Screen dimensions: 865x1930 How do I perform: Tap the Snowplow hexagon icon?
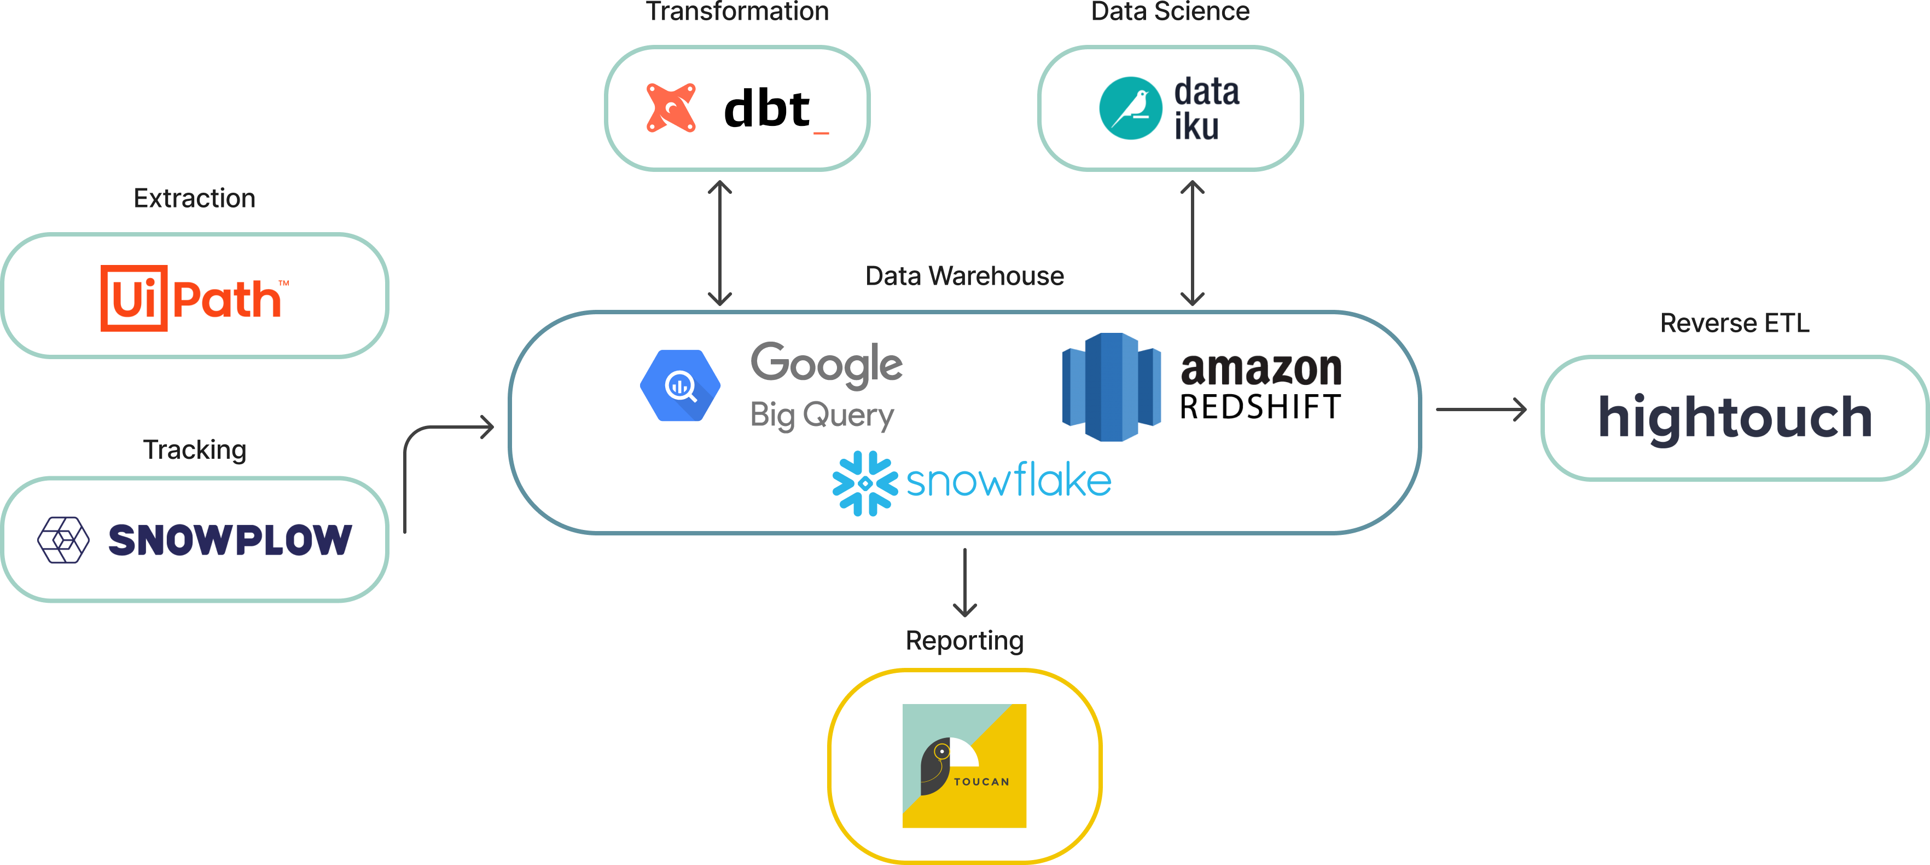point(63,540)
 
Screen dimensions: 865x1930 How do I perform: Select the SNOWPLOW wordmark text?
point(229,540)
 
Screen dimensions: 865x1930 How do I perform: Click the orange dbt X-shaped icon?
point(671,108)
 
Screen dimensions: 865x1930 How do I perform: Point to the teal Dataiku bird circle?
point(1131,108)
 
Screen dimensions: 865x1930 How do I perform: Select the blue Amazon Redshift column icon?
point(1112,387)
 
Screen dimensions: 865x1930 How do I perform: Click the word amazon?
point(1261,369)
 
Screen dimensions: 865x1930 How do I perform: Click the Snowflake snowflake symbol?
point(865,483)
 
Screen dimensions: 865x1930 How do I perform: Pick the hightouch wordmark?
point(1735,418)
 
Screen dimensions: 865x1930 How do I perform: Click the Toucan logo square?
point(964,765)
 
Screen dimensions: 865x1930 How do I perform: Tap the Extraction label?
point(195,199)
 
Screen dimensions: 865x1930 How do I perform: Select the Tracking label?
point(195,449)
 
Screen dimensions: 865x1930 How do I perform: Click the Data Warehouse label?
point(964,276)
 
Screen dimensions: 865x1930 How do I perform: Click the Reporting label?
point(964,641)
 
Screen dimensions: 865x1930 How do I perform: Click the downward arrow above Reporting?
point(964,583)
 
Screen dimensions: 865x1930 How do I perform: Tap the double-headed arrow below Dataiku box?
point(1192,244)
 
